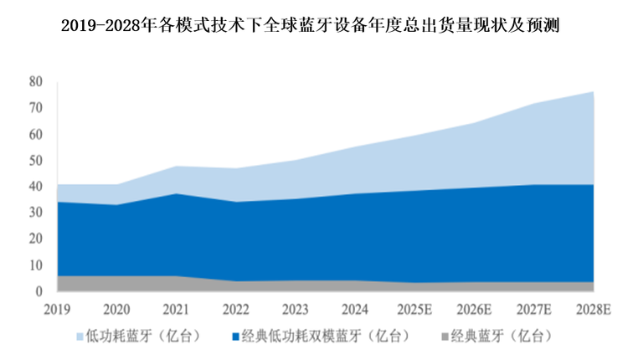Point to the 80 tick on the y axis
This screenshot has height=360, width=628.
pyautogui.click(x=35, y=81)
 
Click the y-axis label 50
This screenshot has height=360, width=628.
pyautogui.click(x=35, y=160)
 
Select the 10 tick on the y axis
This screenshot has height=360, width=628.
pyautogui.click(x=35, y=265)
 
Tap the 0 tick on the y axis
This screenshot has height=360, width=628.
pyautogui.click(x=39, y=291)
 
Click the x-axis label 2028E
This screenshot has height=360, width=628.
pyautogui.click(x=594, y=308)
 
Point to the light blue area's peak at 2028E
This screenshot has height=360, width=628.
pyautogui.click(x=592, y=92)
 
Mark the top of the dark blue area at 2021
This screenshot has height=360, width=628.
pyautogui.click(x=176, y=193)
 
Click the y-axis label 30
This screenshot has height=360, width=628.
pyautogui.click(x=35, y=213)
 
